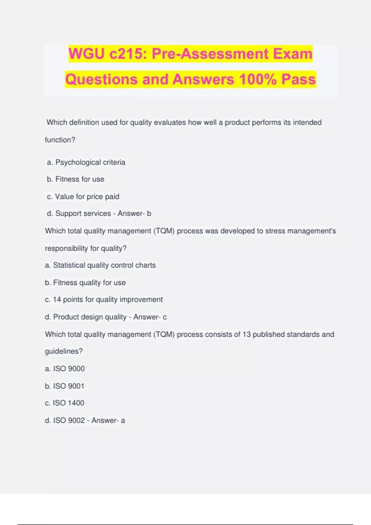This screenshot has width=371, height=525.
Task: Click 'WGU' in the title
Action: coord(87,54)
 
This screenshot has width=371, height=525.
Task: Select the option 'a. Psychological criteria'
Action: coord(86,162)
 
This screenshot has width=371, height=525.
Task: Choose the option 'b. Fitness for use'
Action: coord(76,179)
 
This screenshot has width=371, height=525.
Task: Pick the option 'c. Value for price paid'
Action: coord(83,197)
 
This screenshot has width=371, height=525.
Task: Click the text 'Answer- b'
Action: coord(134,213)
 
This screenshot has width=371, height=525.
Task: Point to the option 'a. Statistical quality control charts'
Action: coord(100,265)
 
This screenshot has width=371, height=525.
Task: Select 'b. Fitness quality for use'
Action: coord(85,283)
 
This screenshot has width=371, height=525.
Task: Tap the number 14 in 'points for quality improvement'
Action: coord(57,300)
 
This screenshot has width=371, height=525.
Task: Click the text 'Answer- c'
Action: coord(150,317)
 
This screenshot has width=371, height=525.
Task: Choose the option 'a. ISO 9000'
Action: coord(65,368)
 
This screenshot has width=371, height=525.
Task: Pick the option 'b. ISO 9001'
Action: coord(65,386)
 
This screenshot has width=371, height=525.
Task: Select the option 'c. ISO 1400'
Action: coord(65,403)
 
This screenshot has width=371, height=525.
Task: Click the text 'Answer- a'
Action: coord(108,420)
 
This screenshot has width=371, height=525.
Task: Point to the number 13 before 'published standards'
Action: coord(246,334)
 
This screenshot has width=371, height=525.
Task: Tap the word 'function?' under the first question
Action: coord(60,140)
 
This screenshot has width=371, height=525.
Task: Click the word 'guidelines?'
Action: coord(64,351)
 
